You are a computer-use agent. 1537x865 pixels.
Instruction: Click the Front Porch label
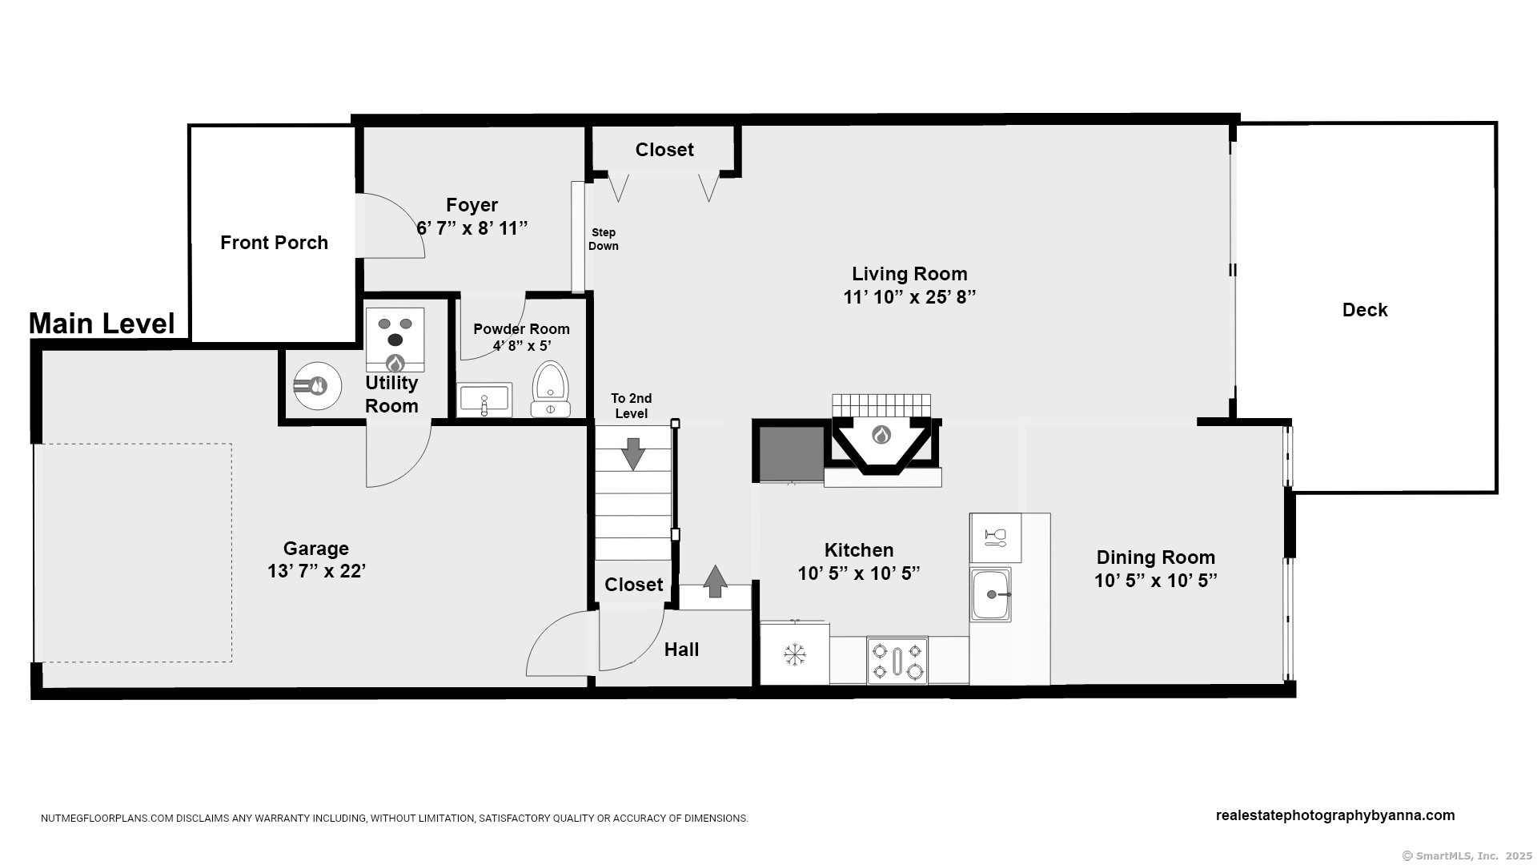click(274, 243)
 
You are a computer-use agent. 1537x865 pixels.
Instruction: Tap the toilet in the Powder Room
click(551, 389)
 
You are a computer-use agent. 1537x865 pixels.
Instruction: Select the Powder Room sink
click(484, 400)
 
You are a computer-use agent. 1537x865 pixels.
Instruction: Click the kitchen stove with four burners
click(897, 661)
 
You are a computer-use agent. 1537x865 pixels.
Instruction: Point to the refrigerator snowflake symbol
click(794, 654)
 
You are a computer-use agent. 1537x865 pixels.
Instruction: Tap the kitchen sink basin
click(991, 594)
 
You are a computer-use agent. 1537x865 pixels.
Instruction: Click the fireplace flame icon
click(881, 435)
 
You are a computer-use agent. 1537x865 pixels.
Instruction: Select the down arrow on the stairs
click(633, 454)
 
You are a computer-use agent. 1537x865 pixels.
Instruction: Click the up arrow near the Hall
click(715, 581)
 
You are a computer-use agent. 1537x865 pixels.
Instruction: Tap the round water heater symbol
click(317, 386)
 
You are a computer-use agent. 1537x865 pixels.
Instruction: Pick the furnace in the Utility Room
click(395, 340)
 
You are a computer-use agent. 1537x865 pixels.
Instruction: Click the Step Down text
click(604, 239)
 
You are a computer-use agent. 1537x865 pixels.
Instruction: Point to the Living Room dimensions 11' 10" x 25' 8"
click(909, 297)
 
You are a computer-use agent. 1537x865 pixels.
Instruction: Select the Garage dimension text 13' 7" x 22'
click(316, 571)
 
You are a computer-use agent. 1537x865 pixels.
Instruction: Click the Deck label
click(1365, 310)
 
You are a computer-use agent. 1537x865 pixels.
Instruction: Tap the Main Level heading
click(102, 324)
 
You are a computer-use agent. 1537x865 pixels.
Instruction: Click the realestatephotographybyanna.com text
click(1335, 815)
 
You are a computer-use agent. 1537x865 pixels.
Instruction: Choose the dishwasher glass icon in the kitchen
click(996, 537)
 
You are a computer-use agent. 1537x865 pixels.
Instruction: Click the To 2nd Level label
click(632, 406)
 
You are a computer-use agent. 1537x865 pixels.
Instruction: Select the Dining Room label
click(1156, 557)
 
